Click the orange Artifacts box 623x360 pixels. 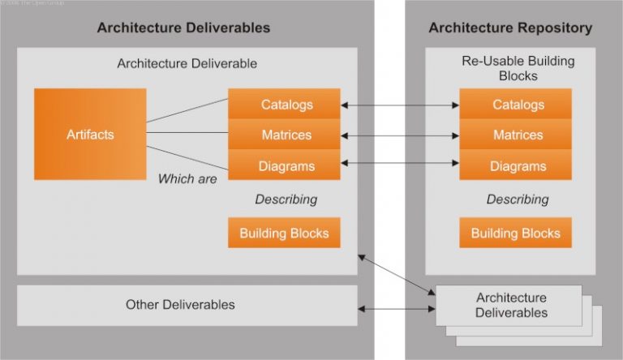[90, 135]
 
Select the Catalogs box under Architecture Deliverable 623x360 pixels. [284, 105]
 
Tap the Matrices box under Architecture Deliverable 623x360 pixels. [284, 135]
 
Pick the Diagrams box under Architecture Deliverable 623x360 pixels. [284, 165]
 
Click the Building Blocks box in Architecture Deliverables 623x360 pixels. [284, 234]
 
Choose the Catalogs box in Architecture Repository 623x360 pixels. [515, 105]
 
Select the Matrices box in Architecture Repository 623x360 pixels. [515, 135]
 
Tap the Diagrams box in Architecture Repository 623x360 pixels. [515, 165]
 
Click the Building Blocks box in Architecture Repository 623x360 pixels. [515, 234]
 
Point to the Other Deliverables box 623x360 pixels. [187, 305]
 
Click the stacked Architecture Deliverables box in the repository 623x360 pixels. [509, 306]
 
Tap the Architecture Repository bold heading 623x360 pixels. [510, 28]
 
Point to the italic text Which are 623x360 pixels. [187, 178]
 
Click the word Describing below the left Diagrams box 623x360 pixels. [286, 199]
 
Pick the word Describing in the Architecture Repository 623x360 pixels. [517, 199]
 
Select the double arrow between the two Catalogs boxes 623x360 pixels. [399, 105]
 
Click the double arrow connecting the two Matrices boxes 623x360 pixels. [399, 135]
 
